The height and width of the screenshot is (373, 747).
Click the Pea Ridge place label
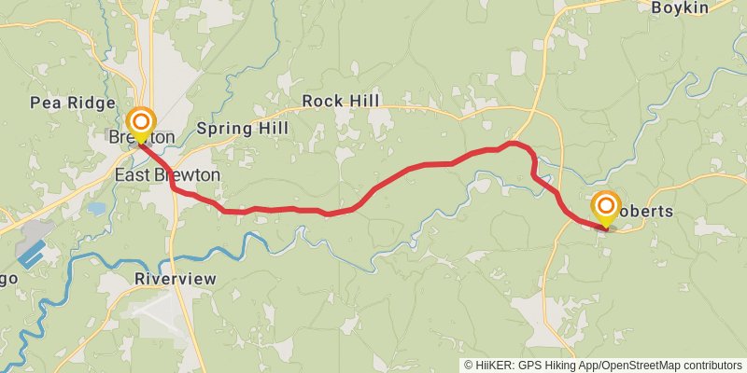coord(72,103)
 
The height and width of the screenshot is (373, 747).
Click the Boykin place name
coord(681,7)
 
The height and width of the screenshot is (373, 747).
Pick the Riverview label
coord(176,279)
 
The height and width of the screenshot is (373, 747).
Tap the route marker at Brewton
coord(141,122)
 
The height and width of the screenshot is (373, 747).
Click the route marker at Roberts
coord(606,205)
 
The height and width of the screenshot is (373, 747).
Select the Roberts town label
coord(643,212)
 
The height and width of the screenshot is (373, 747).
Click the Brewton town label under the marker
coord(141,138)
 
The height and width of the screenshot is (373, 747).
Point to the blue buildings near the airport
coord(33,254)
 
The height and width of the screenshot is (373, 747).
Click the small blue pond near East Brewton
coord(97,209)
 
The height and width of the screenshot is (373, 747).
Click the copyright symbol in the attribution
coord(469,365)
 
